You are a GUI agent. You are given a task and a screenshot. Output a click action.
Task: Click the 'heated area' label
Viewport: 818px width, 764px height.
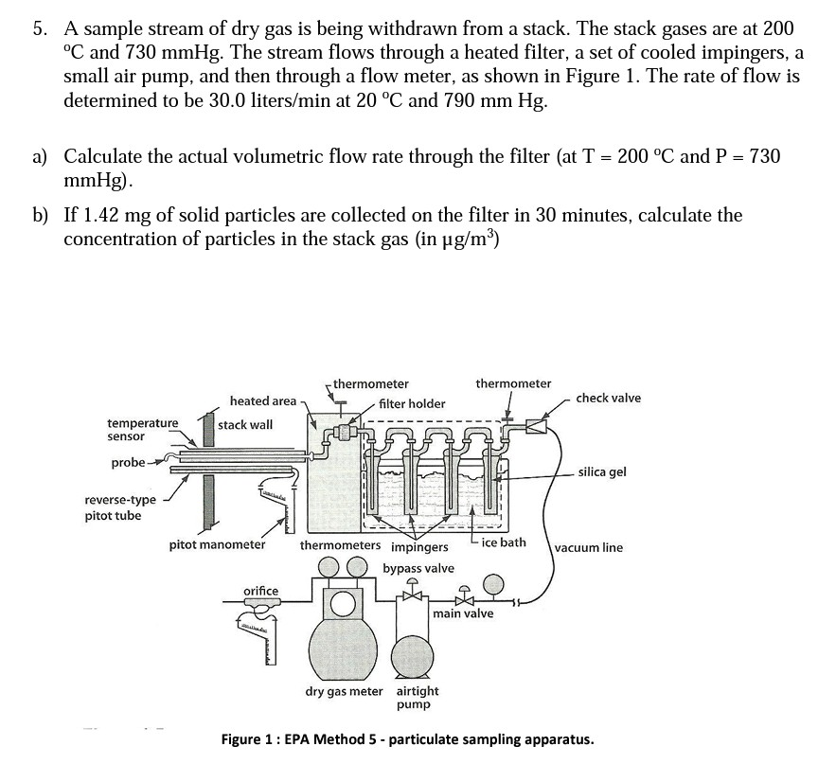(x=262, y=401)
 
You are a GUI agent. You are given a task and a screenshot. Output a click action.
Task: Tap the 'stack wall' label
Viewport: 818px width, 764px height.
(x=245, y=425)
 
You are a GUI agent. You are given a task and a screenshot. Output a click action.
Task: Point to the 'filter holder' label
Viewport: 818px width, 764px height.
(x=412, y=403)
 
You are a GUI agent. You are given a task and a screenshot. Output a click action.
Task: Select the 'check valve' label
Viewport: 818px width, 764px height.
(x=608, y=398)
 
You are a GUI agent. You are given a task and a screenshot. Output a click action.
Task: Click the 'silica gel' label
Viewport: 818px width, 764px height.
(x=602, y=472)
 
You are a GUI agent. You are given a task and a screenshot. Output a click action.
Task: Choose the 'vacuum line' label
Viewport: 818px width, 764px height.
(x=588, y=547)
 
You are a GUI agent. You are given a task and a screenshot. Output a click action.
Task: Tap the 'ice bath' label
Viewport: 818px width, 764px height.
(x=504, y=542)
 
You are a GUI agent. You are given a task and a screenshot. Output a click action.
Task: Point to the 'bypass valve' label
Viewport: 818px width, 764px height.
(x=418, y=568)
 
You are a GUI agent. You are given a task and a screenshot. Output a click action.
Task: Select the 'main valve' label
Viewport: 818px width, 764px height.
(x=463, y=613)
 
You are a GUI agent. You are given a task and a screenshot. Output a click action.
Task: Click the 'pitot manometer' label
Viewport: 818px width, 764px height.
(x=217, y=544)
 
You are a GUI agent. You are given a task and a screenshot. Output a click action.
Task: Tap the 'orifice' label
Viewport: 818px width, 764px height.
(x=261, y=591)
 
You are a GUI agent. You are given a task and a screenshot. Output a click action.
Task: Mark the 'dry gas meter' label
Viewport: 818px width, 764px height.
(x=344, y=691)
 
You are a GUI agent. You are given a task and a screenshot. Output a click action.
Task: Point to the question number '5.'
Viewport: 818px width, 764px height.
(x=41, y=29)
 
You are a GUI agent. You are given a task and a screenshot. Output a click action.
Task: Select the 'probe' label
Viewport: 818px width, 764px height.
(x=128, y=462)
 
